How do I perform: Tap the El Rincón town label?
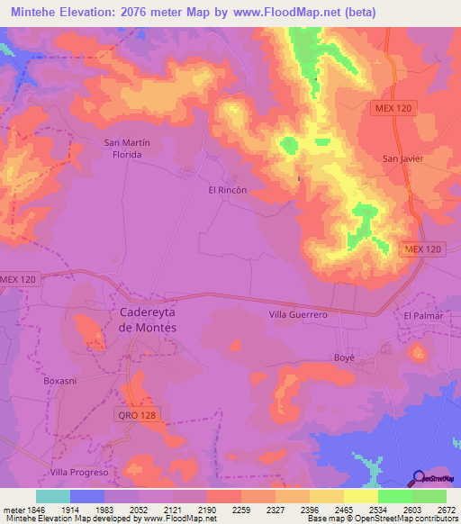228,190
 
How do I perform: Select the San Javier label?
402,158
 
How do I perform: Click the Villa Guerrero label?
298,315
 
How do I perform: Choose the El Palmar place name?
425,316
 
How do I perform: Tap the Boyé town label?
346,357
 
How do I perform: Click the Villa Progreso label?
79,472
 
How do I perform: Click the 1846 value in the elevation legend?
36,510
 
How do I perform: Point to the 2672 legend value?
447,510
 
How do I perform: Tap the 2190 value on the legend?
207,510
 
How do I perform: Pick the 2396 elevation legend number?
310,510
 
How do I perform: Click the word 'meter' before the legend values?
14,510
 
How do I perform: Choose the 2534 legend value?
378,510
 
